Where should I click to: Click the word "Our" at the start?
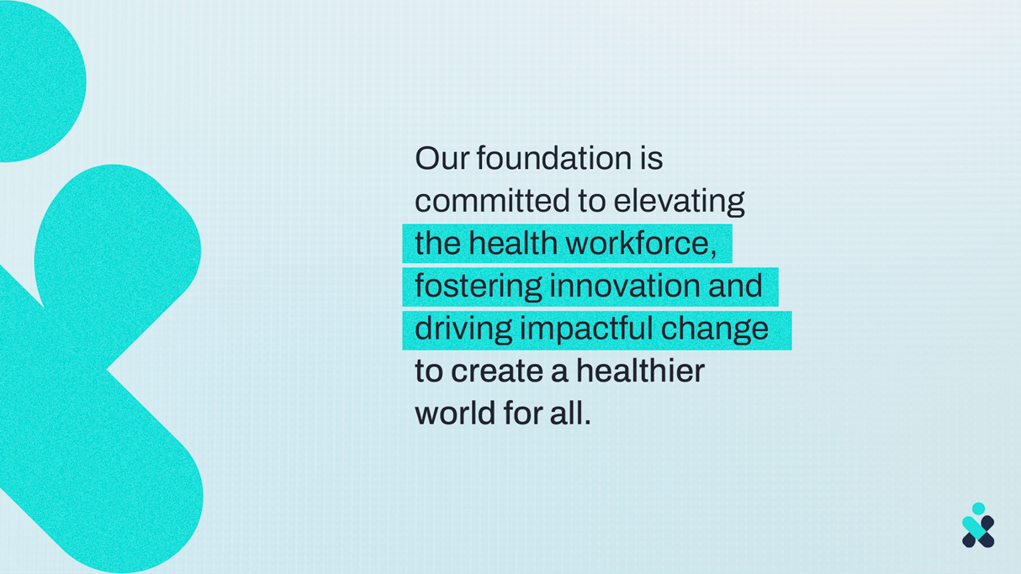[x=442, y=159]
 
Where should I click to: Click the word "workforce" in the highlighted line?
[x=637, y=243]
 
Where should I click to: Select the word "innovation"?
[x=624, y=286]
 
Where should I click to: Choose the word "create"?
[x=497, y=371]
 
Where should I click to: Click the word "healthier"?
[x=640, y=371]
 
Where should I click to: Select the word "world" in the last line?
[x=455, y=413]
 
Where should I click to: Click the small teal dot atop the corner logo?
[x=979, y=508]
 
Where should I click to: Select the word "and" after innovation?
[x=735, y=286]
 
